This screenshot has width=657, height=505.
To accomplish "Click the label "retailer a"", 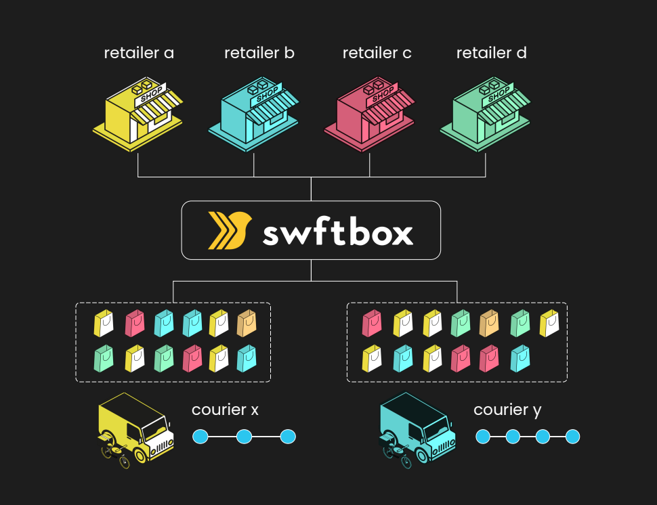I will coord(139,53).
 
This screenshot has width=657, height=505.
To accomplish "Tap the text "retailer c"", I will coord(377,53).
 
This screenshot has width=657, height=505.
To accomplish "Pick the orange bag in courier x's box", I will coord(247,324).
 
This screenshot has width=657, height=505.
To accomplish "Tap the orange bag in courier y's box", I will coord(490,324).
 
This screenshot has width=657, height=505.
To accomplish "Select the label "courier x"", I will coord(225,410).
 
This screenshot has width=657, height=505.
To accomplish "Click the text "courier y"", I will coord(507,410).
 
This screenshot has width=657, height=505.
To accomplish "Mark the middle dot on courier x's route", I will coord(244,437).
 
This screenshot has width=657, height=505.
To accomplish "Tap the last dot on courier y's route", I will coord(572,437).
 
